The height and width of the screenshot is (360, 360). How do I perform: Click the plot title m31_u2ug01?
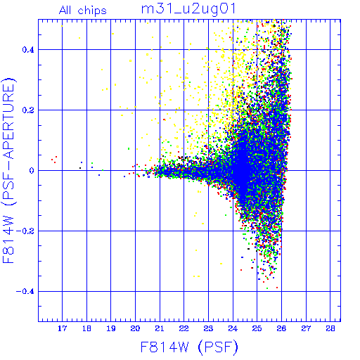click(x=188, y=9)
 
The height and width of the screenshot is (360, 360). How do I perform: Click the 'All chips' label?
click(x=83, y=11)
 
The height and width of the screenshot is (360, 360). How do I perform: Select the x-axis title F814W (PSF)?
click(x=189, y=347)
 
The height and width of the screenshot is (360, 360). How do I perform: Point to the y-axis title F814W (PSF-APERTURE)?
click(x=9, y=170)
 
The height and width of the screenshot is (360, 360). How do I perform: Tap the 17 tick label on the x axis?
click(x=62, y=328)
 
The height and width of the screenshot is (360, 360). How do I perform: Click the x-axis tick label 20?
click(x=135, y=328)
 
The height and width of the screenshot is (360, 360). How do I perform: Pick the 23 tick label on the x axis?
click(x=208, y=328)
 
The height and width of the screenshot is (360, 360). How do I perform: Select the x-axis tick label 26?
click(x=281, y=328)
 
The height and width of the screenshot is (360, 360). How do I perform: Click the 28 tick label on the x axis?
click(x=330, y=328)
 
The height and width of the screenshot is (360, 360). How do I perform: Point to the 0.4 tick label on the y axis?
click(x=28, y=50)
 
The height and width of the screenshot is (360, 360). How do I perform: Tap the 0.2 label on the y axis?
click(x=28, y=110)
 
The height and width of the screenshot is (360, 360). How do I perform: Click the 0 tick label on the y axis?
click(x=32, y=171)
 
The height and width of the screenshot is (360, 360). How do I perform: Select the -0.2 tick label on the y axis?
click(x=25, y=231)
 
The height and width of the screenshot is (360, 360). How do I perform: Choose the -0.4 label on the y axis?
click(x=25, y=292)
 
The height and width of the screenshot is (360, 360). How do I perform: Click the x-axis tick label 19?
click(x=111, y=328)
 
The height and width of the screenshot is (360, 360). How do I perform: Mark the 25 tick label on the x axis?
click(x=257, y=328)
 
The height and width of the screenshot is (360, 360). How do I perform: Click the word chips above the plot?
click(x=92, y=11)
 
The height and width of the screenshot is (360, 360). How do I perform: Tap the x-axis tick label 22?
click(x=184, y=328)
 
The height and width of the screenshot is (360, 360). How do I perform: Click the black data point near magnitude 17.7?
click(x=80, y=168)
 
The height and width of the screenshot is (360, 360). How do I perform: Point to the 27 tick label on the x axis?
click(x=306, y=328)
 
